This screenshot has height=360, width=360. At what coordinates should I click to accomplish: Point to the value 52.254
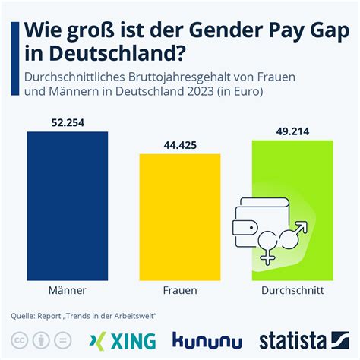pyautogui.click(x=67, y=122)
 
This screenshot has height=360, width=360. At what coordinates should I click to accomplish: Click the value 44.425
pyautogui.click(x=179, y=144)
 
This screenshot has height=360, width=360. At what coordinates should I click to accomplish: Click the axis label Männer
pyautogui.click(x=67, y=290)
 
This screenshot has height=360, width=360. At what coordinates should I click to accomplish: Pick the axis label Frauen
pyautogui.click(x=179, y=290)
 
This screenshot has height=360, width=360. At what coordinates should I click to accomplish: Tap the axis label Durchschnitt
pyautogui.click(x=292, y=290)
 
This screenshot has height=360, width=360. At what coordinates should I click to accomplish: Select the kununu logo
pyautogui.click(x=207, y=339)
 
